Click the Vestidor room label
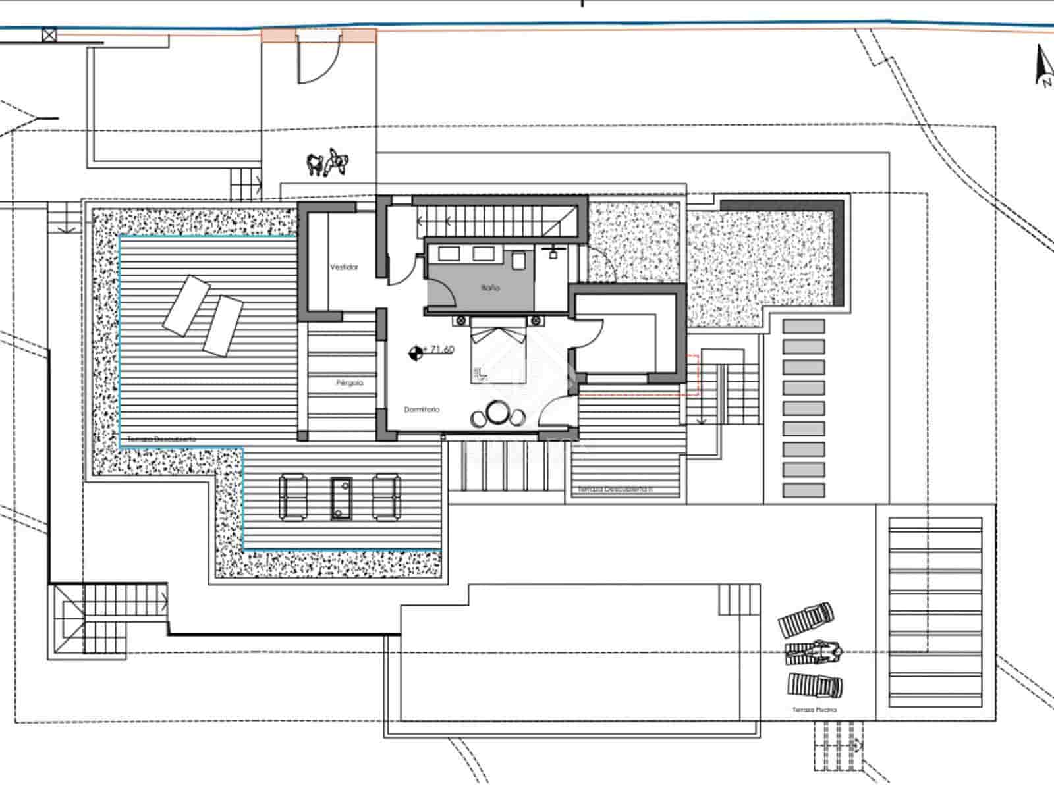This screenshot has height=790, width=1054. [x=344, y=267]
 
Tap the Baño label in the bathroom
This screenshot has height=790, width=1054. [x=490, y=288]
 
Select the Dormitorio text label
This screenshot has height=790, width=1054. [x=422, y=409]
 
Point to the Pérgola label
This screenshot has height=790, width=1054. [x=349, y=382]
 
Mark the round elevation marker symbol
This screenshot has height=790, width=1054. [x=415, y=354]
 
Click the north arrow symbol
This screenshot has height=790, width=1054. [x=1043, y=66]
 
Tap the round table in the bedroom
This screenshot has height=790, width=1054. [x=495, y=413]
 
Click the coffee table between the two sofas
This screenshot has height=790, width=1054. [x=341, y=498]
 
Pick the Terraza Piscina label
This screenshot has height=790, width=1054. [x=815, y=710]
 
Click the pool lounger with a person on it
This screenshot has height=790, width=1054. [x=814, y=652]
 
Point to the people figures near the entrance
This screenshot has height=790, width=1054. [x=328, y=163]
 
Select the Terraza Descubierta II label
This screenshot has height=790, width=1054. [x=615, y=490]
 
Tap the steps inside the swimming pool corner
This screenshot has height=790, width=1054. [x=738, y=599]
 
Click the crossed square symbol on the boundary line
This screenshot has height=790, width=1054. [x=49, y=36]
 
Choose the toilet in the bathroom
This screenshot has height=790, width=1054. [x=518, y=261]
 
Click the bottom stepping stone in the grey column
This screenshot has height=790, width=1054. [x=804, y=490]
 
